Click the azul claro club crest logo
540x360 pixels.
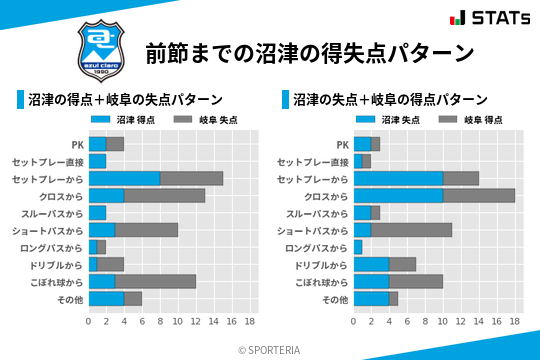pyautogui.click(x=99, y=49)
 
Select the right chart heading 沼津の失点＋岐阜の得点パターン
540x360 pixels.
pyautogui.click(x=391, y=100)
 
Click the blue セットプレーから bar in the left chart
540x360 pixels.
pyautogui.click(x=124, y=178)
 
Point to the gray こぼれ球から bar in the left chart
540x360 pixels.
pyautogui.click(x=155, y=282)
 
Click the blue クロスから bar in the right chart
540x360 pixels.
pyautogui.click(x=398, y=195)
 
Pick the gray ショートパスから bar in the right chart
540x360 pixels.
pyautogui.click(x=411, y=230)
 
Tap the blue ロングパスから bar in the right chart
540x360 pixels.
pyautogui.click(x=358, y=247)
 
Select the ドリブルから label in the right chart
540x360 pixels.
pyautogui.click(x=321, y=265)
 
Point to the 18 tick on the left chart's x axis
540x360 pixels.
pyautogui.click(x=249, y=322)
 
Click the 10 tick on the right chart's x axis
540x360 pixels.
pyautogui.click(x=443, y=322)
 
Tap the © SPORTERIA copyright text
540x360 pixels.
pyautogui.click(x=270, y=349)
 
